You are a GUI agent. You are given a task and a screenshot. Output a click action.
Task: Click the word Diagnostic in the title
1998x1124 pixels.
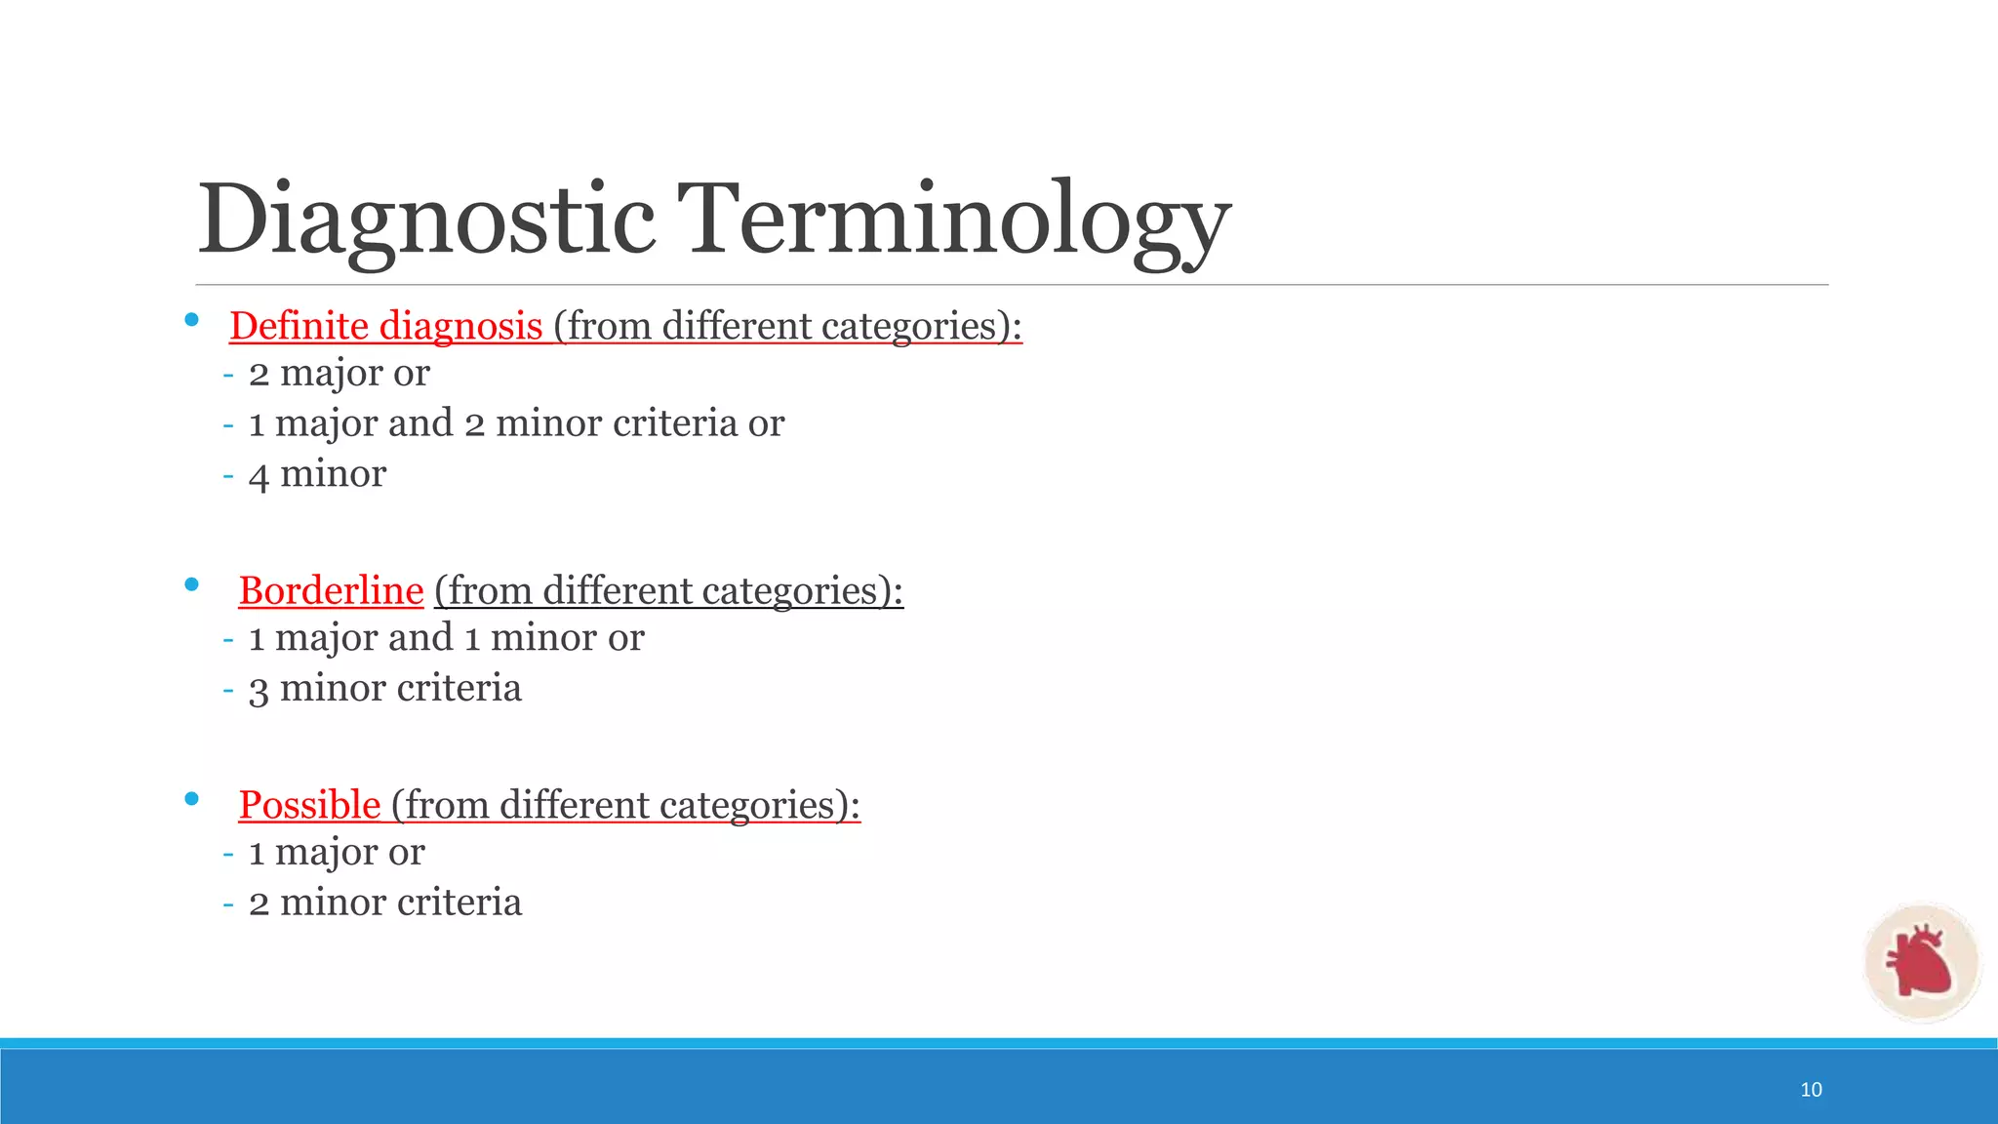(425, 221)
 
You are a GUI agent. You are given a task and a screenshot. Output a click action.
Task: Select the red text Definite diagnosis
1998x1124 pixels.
(386, 326)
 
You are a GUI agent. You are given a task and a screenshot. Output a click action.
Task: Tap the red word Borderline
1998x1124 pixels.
(331, 591)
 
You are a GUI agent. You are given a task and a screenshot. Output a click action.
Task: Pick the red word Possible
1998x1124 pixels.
(309, 806)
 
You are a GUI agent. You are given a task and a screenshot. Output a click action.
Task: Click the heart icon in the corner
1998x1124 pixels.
(1920, 962)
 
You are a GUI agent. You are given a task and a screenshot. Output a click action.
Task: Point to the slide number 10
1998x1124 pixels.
(1811, 1090)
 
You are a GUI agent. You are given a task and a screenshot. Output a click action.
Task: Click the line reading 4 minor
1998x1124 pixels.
(317, 474)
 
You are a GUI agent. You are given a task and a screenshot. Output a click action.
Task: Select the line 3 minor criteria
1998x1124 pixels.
(385, 689)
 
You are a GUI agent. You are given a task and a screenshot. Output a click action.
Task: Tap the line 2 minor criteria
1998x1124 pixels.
(385, 903)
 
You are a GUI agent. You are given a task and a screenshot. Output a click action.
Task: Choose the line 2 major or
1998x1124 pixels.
(339, 373)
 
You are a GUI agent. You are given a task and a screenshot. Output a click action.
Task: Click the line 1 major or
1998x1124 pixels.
(337, 852)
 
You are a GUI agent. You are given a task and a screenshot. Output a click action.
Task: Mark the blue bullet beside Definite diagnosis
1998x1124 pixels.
(191, 320)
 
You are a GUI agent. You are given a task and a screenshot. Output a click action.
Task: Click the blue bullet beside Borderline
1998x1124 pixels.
(191, 584)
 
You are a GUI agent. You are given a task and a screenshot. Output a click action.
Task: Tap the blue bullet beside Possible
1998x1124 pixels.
(191, 799)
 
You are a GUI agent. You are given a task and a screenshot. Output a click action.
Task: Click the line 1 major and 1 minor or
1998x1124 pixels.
(446, 638)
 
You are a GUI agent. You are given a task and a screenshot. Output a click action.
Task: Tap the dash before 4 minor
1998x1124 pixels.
(228, 475)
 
